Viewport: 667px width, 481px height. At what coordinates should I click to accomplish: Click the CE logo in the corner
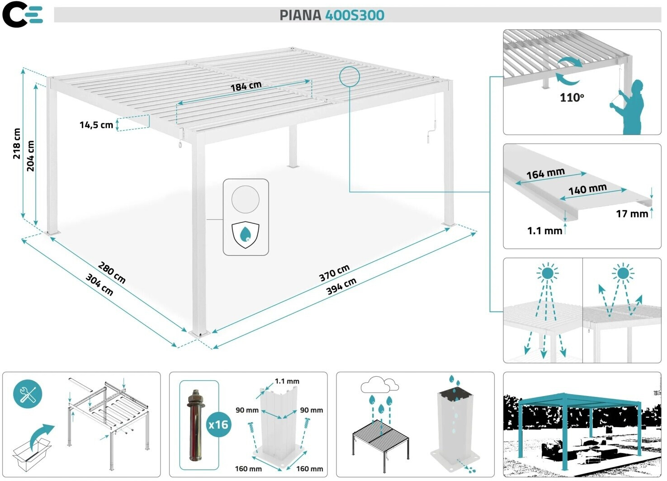point(23,14)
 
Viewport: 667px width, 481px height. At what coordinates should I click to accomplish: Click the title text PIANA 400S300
point(331,15)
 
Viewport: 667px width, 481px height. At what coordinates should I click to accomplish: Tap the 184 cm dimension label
point(246,86)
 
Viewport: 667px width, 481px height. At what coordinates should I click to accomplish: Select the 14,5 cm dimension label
point(96,125)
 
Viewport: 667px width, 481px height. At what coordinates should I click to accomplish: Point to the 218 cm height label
point(17,144)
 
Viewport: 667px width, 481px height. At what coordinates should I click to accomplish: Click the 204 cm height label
point(31,156)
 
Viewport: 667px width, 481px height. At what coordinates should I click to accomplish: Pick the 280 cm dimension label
point(112,273)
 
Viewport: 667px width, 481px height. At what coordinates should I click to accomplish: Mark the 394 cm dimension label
point(341,286)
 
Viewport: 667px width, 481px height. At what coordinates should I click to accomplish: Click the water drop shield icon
point(245,235)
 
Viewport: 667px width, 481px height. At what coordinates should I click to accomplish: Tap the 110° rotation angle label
point(572,97)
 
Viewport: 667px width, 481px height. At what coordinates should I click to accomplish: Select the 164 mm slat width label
point(545,173)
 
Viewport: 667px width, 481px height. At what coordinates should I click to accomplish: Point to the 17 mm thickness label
point(632,213)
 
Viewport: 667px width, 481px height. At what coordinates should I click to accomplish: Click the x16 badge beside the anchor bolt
point(218,424)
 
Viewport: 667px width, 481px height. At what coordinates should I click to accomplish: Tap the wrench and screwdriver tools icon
point(28,394)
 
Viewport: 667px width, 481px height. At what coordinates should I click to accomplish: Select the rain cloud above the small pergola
point(379,385)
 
